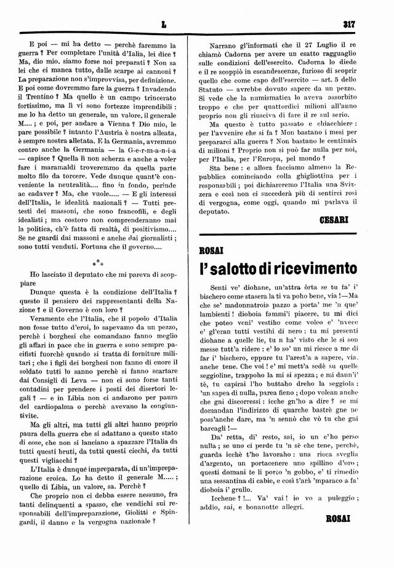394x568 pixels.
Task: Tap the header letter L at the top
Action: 164,25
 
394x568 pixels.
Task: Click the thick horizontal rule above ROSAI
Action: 277,234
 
